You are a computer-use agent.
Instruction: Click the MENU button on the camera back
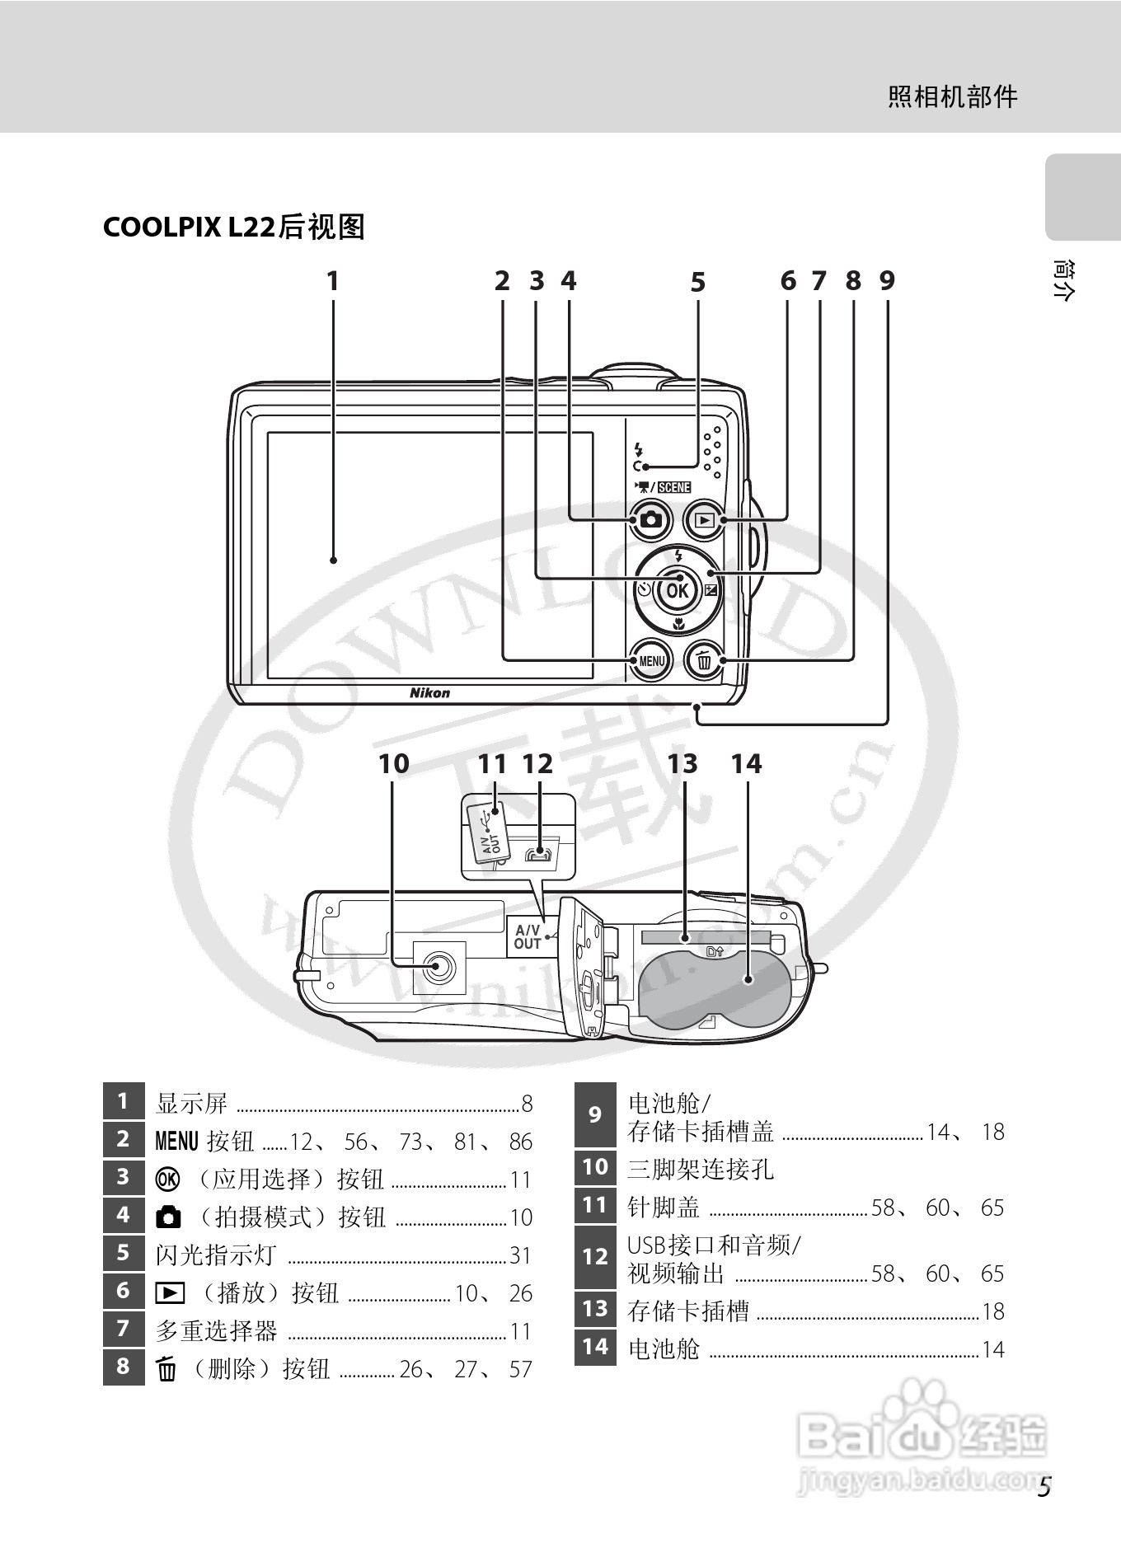coord(651,660)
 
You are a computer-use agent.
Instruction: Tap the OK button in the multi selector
coord(677,590)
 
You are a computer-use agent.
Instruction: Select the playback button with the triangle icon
coord(704,521)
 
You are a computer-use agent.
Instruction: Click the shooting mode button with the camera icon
coord(651,521)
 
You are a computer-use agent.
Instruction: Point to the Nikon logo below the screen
coord(430,693)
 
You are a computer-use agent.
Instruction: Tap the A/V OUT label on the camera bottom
coord(528,937)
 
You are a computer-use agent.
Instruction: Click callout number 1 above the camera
coord(333,282)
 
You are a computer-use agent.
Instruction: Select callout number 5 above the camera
coord(698,283)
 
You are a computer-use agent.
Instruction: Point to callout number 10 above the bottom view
coord(393,763)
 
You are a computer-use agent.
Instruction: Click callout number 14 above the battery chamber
coord(746,764)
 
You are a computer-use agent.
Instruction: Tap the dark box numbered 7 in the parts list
coord(123,1329)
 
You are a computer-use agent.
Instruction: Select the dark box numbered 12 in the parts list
coord(594,1257)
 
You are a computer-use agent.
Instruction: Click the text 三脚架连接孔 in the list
coord(701,1169)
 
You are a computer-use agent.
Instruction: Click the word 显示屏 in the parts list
coord(191,1103)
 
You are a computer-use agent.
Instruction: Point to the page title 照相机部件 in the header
coord(952,97)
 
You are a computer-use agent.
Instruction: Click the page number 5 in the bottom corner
coord(1044,1488)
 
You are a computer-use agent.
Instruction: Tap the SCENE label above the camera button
coord(673,487)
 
